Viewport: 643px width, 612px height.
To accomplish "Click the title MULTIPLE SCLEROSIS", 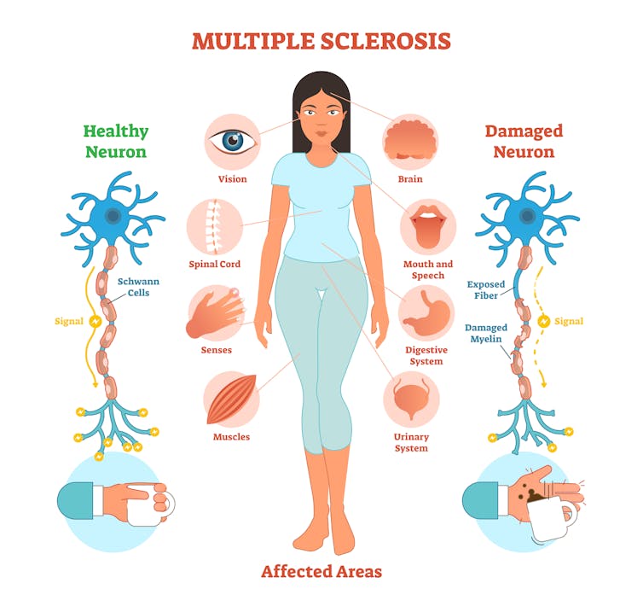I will tap(321, 41).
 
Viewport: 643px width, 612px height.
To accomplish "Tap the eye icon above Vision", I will tap(232, 141).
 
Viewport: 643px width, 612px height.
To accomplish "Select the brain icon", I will tap(411, 141).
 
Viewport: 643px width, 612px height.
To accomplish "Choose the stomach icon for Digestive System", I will tap(425, 314).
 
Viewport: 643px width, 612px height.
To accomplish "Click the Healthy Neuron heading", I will tap(116, 142).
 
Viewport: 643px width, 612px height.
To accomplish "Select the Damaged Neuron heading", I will tap(524, 142).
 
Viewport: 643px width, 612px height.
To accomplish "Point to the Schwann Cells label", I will tap(139, 287).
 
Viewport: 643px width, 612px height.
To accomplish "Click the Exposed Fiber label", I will tap(486, 289).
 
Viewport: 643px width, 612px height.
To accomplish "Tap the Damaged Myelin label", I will tap(486, 334).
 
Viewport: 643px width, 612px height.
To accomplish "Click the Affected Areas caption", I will tap(321, 571).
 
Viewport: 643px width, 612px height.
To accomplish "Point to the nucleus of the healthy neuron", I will tap(112, 216).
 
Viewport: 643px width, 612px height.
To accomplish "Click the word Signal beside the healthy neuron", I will tap(69, 322).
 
